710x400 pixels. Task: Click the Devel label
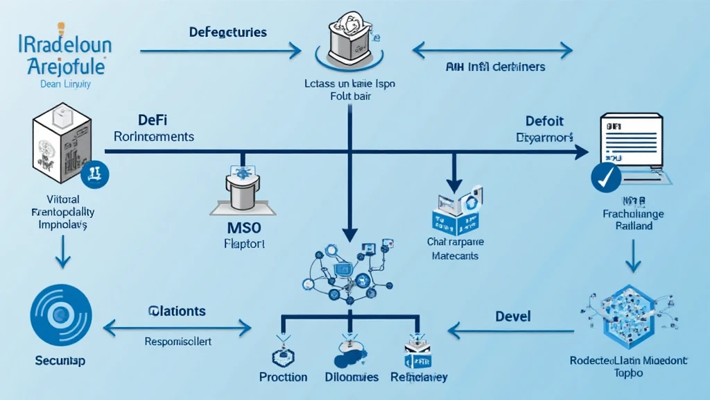(513, 316)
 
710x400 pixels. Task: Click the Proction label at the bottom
(283, 377)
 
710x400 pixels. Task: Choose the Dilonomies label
(352, 377)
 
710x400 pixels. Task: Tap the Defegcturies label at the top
(227, 33)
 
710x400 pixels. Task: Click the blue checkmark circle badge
(605, 177)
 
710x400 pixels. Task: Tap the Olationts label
(177, 311)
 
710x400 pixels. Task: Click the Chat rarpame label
(456, 243)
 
